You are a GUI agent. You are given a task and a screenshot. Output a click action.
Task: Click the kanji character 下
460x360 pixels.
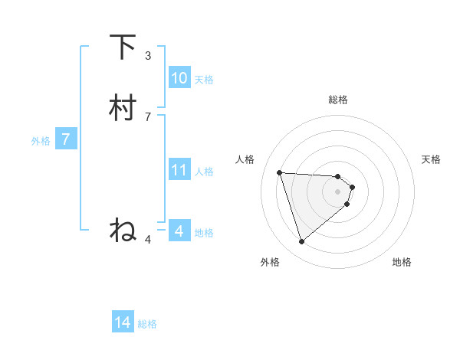(123, 47)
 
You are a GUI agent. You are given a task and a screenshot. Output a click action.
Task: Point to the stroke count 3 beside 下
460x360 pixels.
(148, 55)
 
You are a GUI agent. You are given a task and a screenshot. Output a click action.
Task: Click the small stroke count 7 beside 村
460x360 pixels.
(148, 116)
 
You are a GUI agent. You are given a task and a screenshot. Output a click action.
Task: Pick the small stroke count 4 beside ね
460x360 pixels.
(148, 239)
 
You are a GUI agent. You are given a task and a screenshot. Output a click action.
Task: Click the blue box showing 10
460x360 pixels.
(179, 78)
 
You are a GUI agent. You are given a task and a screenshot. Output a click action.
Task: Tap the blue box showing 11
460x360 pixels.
(179, 170)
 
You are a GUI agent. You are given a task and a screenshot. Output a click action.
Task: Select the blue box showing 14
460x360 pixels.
(123, 323)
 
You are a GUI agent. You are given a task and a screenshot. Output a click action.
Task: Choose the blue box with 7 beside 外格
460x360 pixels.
(66, 139)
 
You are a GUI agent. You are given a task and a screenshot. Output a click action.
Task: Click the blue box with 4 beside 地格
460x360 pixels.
(179, 231)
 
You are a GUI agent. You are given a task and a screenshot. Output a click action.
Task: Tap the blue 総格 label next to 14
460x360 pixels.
(147, 324)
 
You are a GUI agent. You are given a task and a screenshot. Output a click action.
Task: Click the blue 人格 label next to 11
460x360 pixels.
(204, 171)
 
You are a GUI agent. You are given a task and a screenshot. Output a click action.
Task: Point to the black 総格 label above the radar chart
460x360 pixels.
(338, 100)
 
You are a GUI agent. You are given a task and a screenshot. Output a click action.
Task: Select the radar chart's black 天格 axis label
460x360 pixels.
(432, 159)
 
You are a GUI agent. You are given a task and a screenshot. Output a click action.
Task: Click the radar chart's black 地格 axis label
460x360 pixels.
(402, 262)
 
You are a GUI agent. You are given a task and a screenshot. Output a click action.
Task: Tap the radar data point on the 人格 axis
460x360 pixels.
(280, 172)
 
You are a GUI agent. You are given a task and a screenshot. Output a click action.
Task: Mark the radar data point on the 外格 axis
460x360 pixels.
(302, 241)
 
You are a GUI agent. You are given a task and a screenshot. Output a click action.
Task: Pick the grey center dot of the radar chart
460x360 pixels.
(338, 191)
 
